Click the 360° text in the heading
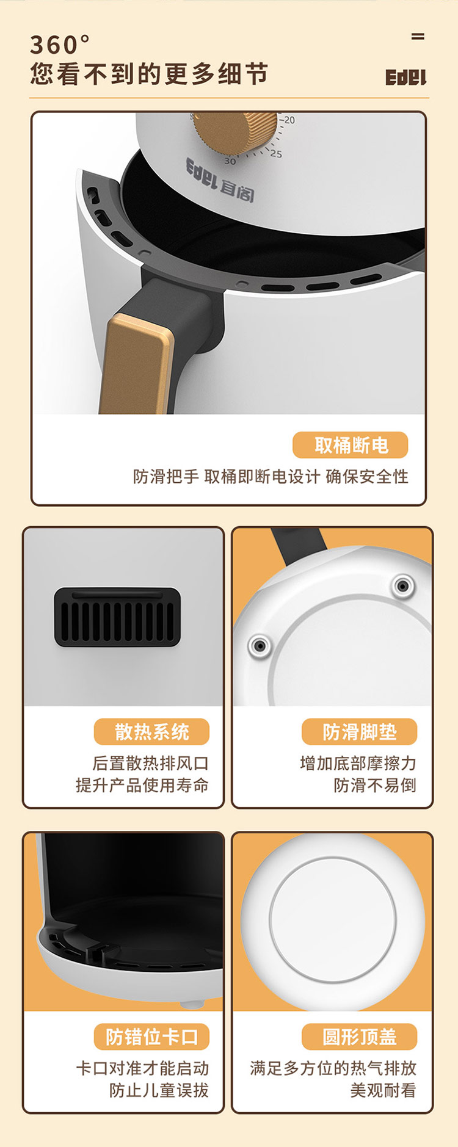[x=60, y=45]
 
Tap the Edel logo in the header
[x=405, y=78]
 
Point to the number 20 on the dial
[x=289, y=120]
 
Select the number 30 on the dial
[x=230, y=161]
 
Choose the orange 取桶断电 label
[x=351, y=445]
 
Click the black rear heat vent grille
[x=117, y=617]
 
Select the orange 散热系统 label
[x=151, y=731]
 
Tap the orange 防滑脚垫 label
[x=359, y=731]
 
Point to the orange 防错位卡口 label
[x=151, y=1037]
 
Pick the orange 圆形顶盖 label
[x=359, y=1037]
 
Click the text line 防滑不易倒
[x=375, y=785]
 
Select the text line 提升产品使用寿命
[x=142, y=785]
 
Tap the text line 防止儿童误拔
[x=159, y=1090]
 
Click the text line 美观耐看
[x=383, y=1090]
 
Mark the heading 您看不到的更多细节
[x=150, y=74]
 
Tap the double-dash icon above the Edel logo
[x=418, y=37]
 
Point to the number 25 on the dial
[x=276, y=154]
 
